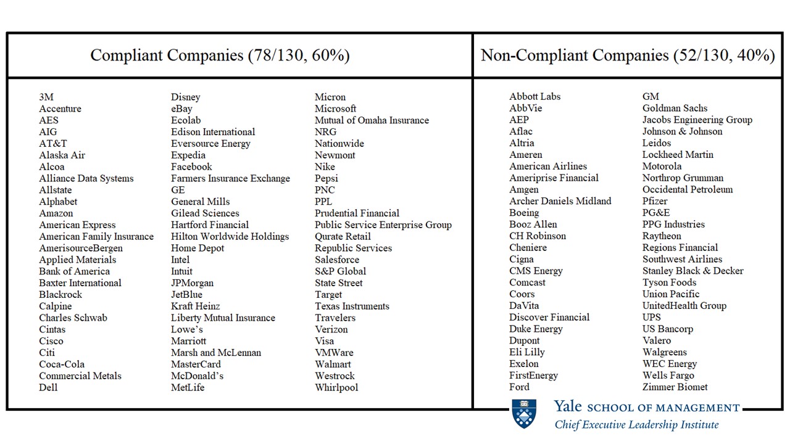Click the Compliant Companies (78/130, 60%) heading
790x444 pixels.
pyautogui.click(x=220, y=55)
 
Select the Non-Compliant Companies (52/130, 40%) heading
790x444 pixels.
pyautogui.click(x=628, y=55)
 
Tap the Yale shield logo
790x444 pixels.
pyautogui.click(x=524, y=413)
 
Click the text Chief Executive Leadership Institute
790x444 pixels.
pyautogui.click(x=636, y=424)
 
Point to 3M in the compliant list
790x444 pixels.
pyautogui.click(x=46, y=97)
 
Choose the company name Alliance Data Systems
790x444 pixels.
pyautogui.click(x=86, y=178)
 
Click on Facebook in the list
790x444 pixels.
pyautogui.click(x=191, y=166)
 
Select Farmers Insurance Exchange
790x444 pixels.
pyautogui.click(x=230, y=178)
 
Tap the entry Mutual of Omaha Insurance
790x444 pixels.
pyautogui.click(x=372, y=120)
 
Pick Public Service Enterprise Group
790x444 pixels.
pyautogui.click(x=383, y=224)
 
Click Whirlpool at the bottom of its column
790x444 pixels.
pyautogui.click(x=336, y=387)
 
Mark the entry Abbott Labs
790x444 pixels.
pyautogui.click(x=534, y=96)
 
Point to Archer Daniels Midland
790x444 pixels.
pyautogui.click(x=560, y=201)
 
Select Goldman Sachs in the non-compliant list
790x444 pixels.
pyautogui.click(x=675, y=108)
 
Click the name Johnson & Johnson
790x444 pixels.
pyautogui.click(x=682, y=131)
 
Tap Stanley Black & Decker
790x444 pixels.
pyautogui.click(x=692, y=271)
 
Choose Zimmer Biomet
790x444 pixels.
pyautogui.click(x=675, y=387)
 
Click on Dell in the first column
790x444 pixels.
pyautogui.click(x=48, y=387)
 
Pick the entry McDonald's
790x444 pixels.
pyautogui.click(x=197, y=376)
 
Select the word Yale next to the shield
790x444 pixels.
pyautogui.click(x=568, y=407)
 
